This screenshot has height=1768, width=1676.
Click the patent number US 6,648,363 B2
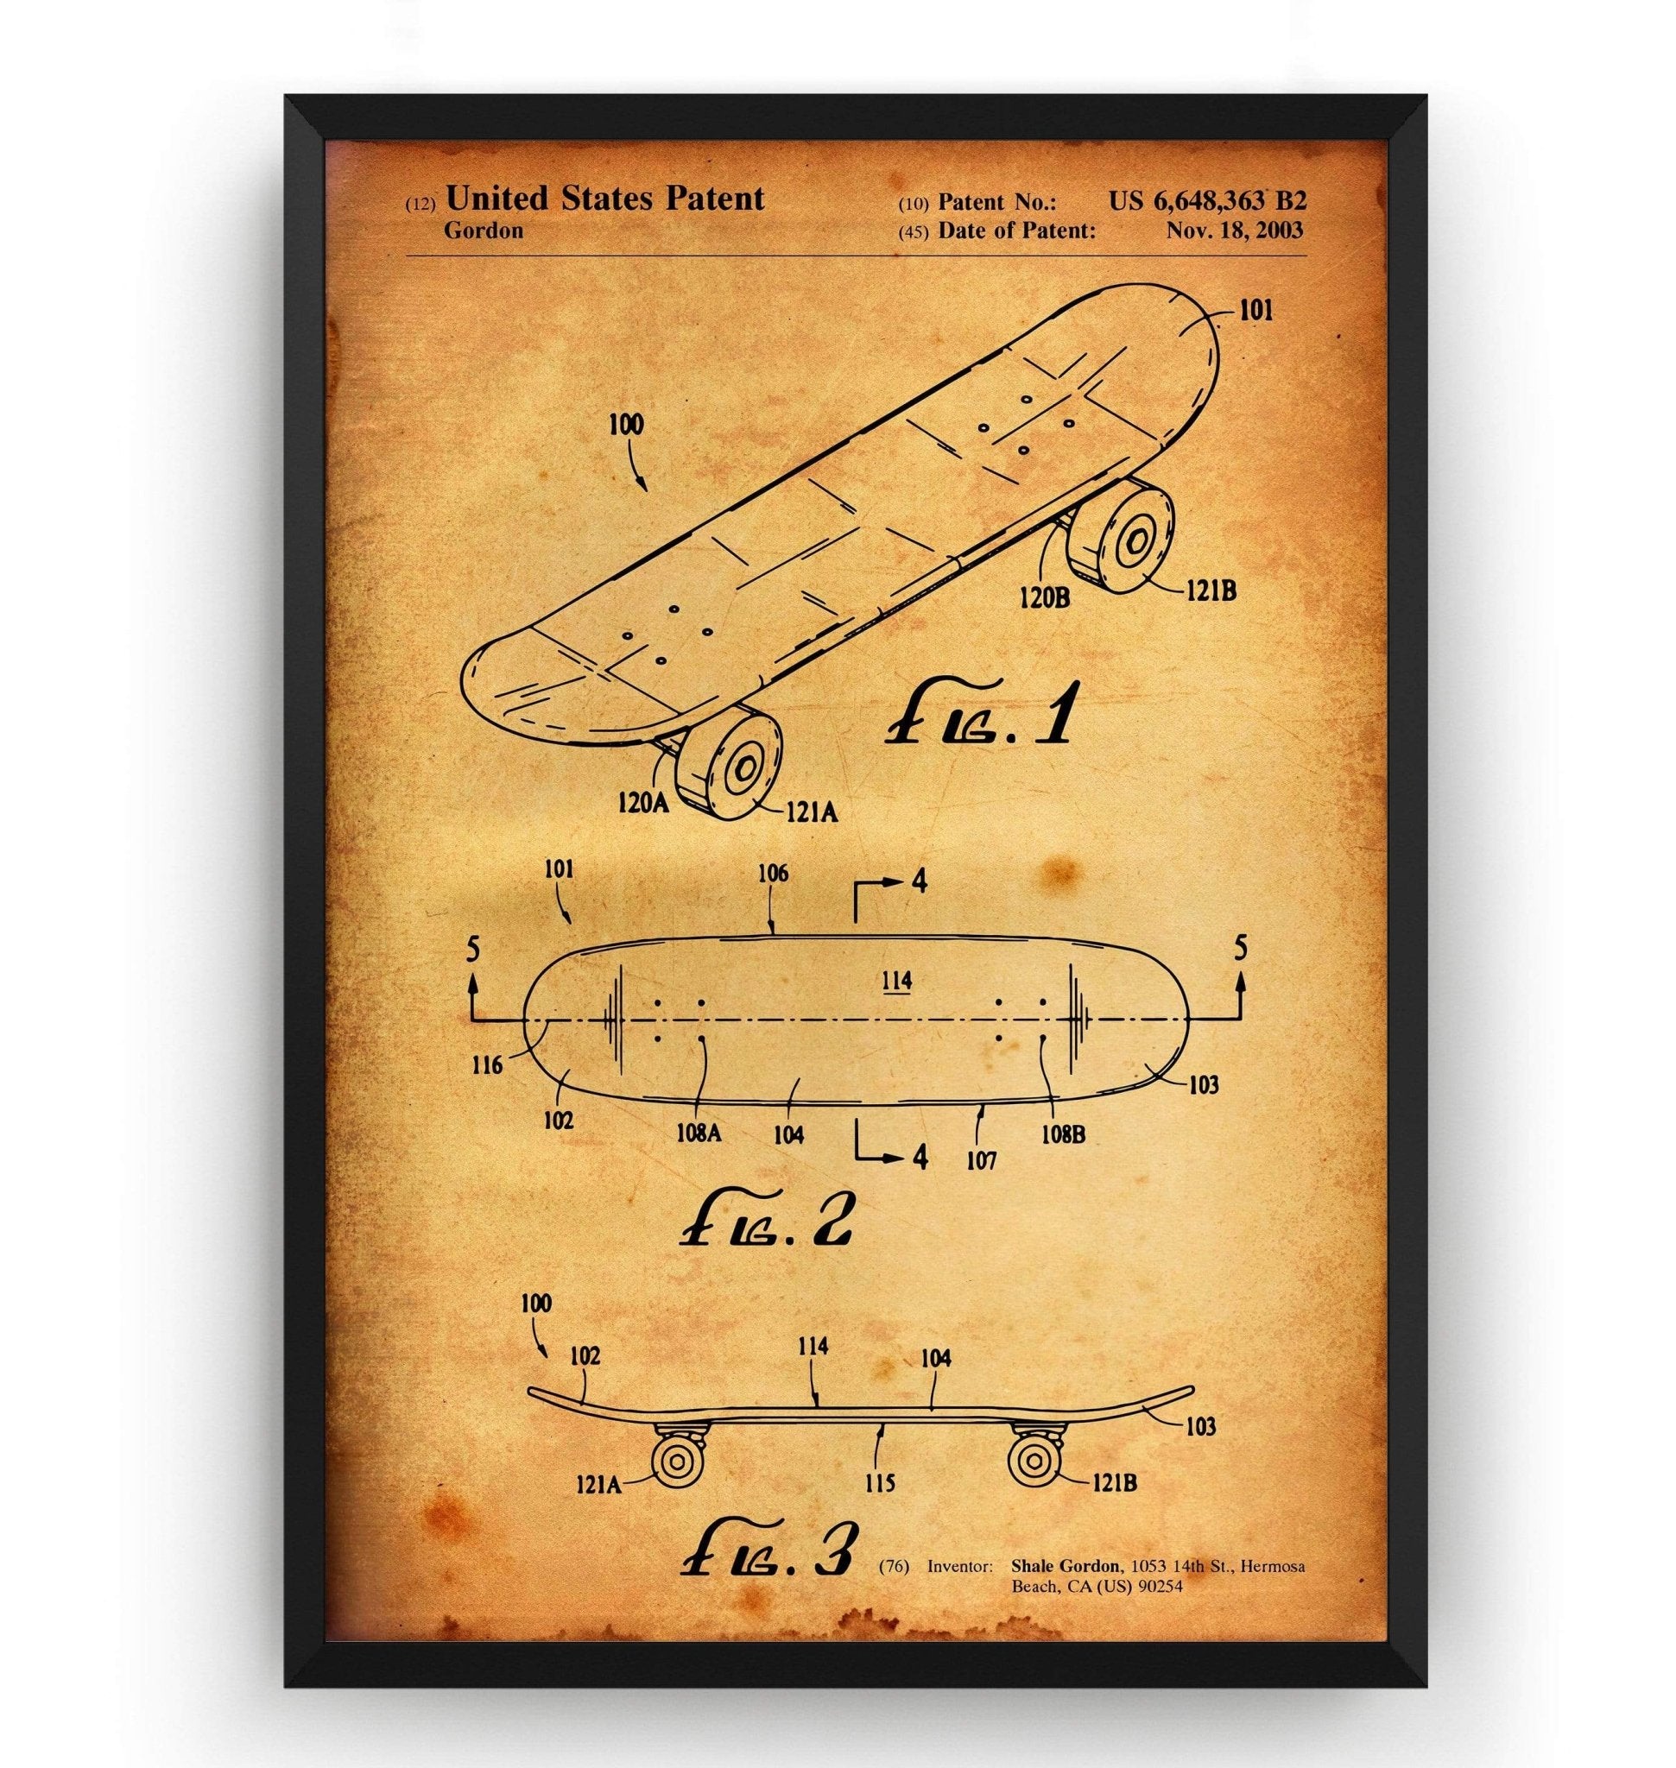coord(1207,200)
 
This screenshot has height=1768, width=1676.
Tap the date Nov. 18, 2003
coord(1234,230)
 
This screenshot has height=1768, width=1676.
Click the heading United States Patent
coord(604,199)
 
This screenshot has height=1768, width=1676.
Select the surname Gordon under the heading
coord(484,230)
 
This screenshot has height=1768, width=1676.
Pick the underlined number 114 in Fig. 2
coord(896,981)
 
